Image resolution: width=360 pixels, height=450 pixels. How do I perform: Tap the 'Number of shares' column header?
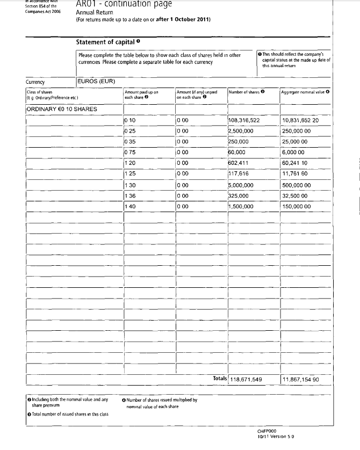245,92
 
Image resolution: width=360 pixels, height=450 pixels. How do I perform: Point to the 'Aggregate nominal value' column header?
303,92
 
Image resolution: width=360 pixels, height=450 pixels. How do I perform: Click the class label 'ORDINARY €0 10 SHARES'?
62,110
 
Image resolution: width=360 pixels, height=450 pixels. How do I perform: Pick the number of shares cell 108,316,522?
244,120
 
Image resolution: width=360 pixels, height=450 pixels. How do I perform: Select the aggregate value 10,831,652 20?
300,120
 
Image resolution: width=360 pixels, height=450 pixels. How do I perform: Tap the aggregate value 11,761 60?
294,174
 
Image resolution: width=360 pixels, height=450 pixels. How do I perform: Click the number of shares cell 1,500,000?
241,206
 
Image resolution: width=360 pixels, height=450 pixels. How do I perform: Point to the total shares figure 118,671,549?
246,380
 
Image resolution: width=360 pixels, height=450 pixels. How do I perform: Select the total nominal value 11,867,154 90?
301,380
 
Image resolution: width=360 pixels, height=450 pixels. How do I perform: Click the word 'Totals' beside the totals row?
220,379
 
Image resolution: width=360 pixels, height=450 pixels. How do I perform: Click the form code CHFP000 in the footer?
267,431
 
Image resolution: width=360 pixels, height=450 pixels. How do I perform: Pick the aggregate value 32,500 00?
294,195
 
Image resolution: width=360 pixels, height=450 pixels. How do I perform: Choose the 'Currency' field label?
35,82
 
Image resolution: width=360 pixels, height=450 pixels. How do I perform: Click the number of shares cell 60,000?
237,153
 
